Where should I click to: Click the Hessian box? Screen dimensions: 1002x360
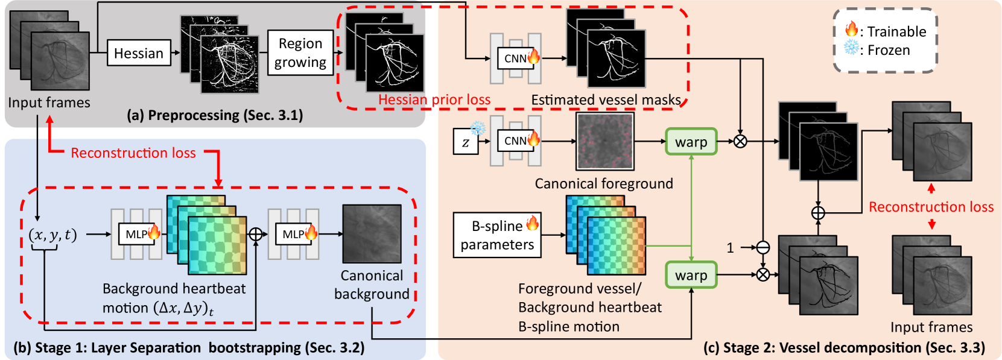tap(139, 53)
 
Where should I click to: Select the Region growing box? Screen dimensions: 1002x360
tap(300, 52)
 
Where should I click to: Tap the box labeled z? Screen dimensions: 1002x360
tap(466, 141)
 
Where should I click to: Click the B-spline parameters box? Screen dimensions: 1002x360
tap(497, 235)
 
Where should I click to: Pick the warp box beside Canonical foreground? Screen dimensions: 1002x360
tap(691, 141)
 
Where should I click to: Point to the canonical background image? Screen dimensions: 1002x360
tap(372, 233)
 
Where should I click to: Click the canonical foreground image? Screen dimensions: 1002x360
tap(605, 141)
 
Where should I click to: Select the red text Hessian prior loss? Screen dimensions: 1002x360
tap(434, 99)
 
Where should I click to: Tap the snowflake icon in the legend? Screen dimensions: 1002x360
tap(851, 48)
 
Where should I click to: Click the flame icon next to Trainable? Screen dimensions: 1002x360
tap(851, 30)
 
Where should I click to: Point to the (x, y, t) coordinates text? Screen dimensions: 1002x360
tap(52, 235)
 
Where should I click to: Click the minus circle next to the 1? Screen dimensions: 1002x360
tap(763, 247)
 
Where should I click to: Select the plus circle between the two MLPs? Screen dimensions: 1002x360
tap(255, 234)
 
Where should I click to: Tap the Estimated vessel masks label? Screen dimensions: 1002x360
tap(606, 99)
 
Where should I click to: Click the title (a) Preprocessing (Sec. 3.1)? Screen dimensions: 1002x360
tap(215, 115)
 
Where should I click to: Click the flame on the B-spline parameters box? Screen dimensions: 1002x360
tap(532, 223)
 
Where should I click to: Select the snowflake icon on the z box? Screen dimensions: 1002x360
tap(478, 129)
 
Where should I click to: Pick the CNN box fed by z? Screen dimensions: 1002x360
tap(516, 141)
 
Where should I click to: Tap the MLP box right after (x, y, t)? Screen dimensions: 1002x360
tap(137, 234)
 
